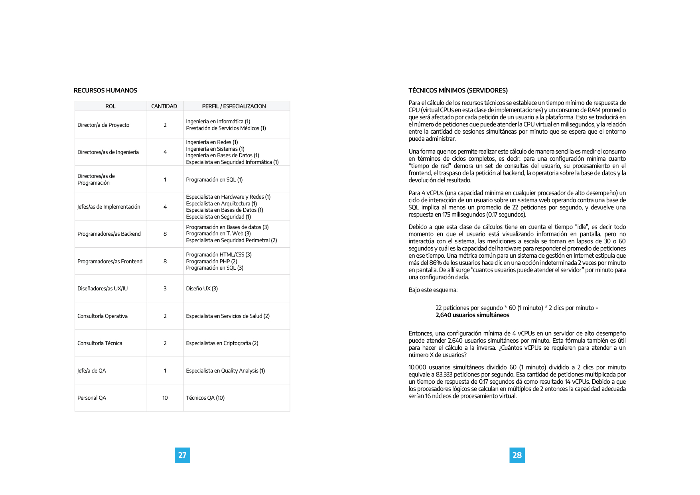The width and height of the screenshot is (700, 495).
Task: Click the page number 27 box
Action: [x=182, y=455]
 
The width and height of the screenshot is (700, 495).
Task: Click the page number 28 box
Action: [x=517, y=455]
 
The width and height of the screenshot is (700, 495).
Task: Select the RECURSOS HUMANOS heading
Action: [x=105, y=91]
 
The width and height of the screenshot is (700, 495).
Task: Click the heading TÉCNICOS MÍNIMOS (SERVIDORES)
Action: [x=458, y=91]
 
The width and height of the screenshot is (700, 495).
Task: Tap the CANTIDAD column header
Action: [x=164, y=106]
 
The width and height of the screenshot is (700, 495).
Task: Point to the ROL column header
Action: [x=110, y=106]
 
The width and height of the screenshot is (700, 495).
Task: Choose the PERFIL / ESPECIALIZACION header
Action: [x=234, y=106]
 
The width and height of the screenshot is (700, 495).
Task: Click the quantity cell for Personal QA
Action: [x=165, y=398]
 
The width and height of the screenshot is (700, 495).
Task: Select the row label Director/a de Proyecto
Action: [x=103, y=125]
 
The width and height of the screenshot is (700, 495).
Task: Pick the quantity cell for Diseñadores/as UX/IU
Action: [x=165, y=288]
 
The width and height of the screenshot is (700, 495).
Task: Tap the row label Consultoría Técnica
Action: [x=100, y=343]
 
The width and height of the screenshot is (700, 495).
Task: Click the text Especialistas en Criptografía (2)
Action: [x=222, y=343]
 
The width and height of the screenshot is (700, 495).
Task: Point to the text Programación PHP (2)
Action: [x=211, y=261]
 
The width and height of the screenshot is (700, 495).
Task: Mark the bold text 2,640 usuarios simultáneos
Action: [x=472, y=315]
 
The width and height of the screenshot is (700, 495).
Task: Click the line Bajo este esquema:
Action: [x=433, y=290]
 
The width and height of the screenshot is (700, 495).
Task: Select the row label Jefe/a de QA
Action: [x=92, y=371]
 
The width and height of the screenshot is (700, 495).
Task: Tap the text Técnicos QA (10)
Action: [x=205, y=398]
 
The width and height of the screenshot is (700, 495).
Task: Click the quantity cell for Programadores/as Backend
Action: [x=165, y=234]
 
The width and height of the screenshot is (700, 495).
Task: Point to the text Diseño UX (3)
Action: [x=202, y=288]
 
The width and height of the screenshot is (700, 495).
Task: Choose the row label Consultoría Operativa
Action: [x=103, y=316]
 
